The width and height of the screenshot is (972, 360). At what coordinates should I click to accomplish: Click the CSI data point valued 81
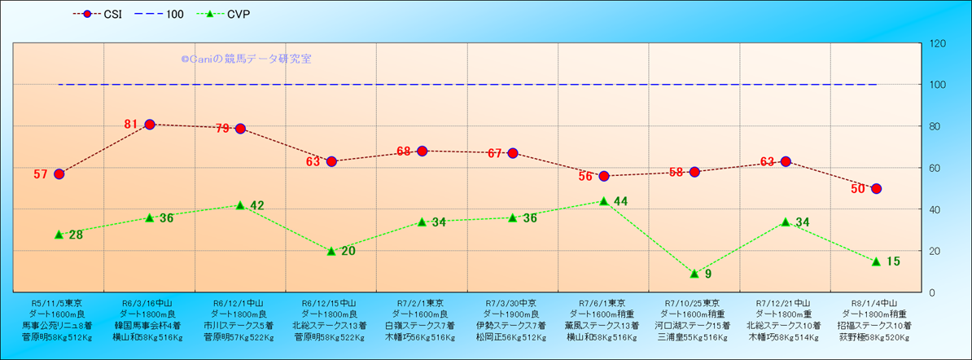click(x=150, y=125)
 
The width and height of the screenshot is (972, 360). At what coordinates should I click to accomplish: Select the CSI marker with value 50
click(x=876, y=188)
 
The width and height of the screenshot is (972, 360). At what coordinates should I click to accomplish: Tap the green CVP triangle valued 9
click(x=694, y=274)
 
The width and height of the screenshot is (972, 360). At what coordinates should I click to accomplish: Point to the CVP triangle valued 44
click(x=604, y=201)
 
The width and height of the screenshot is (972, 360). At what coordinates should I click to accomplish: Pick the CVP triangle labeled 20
click(x=331, y=251)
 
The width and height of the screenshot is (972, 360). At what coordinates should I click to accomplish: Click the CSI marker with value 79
click(x=240, y=129)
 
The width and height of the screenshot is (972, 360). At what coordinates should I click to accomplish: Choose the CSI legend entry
click(x=98, y=14)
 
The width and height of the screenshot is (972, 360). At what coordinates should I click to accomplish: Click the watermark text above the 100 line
click(x=246, y=59)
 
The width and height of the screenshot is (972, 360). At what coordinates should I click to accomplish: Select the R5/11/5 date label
click(x=57, y=302)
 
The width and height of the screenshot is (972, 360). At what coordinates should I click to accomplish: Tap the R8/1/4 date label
click(x=875, y=302)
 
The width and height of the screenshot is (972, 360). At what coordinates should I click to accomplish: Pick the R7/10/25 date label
click(x=694, y=302)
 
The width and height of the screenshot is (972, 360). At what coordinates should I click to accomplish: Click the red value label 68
click(x=404, y=151)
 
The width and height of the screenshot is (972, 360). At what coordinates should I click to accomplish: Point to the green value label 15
click(x=892, y=261)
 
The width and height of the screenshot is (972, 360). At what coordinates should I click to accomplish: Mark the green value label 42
click(x=256, y=205)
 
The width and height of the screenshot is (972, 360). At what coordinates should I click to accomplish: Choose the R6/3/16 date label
click(x=148, y=302)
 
